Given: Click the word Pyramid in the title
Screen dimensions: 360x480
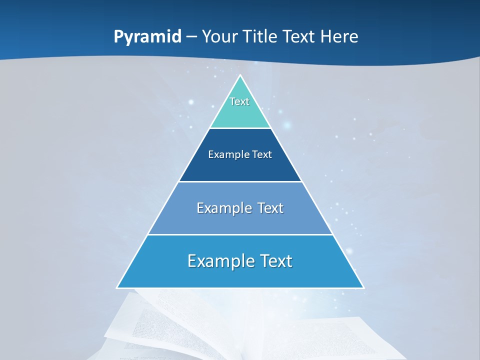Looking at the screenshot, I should tap(147, 37).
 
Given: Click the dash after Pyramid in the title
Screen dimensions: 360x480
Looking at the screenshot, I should tap(191, 37).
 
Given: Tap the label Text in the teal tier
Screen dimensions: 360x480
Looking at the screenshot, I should tap(239, 101).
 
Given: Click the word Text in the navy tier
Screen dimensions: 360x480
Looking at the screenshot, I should tap(262, 154).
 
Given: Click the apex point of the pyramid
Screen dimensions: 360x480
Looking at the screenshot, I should tap(240, 76).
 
